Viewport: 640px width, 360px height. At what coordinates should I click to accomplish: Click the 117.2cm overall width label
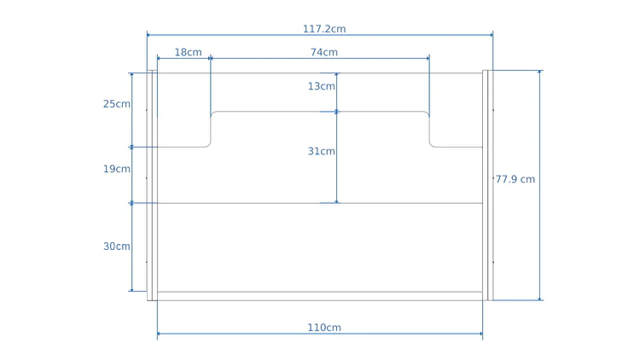[x=324, y=29]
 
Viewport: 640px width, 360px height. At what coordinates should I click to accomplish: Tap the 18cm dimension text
[x=188, y=52]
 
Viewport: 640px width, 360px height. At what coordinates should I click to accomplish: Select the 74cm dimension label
[x=323, y=52]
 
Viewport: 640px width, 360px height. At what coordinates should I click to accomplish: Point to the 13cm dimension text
[x=322, y=86]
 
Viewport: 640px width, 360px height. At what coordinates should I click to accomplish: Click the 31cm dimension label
[x=322, y=151]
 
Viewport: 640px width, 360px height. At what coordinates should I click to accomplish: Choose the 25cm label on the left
[x=117, y=104]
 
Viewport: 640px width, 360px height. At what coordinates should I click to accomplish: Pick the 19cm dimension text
[x=117, y=169]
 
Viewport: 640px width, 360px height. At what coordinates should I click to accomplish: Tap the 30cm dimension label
[x=117, y=246]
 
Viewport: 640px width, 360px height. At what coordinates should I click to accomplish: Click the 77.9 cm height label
[x=515, y=179]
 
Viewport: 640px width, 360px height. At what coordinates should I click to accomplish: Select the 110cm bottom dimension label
[x=324, y=328]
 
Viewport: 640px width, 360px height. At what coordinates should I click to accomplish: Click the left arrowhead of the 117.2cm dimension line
[x=148, y=35]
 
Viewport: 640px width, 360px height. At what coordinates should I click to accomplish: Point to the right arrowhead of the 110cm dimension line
[x=480, y=334]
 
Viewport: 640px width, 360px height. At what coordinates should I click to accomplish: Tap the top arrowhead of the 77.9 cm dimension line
[x=539, y=73]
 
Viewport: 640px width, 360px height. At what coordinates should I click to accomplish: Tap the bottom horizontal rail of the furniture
[x=320, y=296]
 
